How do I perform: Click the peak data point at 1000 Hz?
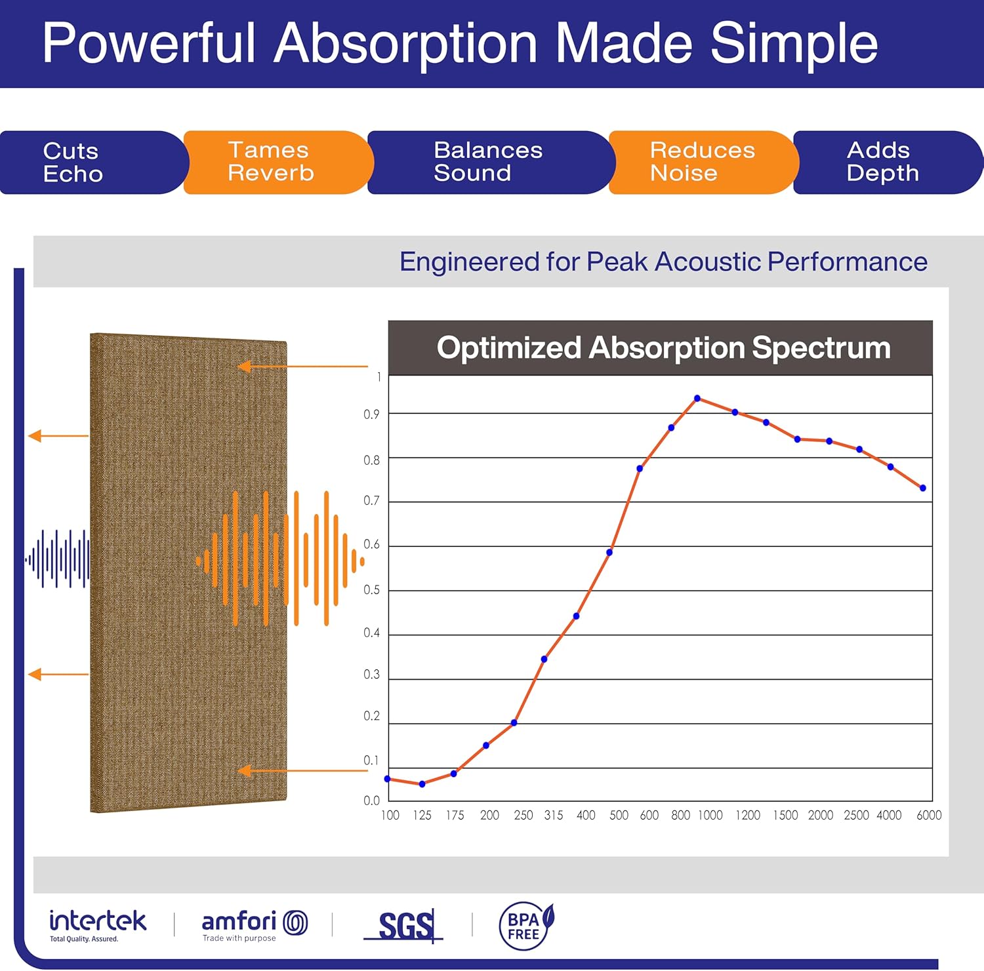coord(697,399)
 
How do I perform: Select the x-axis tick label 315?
coord(553,815)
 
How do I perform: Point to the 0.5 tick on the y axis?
coord(371,590)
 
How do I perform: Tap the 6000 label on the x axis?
coord(928,815)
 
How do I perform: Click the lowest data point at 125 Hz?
coord(422,784)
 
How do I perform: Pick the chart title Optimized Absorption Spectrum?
coord(663,347)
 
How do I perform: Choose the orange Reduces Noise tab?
coord(702,162)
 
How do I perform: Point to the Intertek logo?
coord(98,924)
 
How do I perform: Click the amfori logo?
coord(254,924)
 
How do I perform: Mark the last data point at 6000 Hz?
coord(922,488)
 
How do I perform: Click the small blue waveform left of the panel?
coord(58,559)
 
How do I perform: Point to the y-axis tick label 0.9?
coord(371,414)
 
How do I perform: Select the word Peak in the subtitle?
coord(617,262)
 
